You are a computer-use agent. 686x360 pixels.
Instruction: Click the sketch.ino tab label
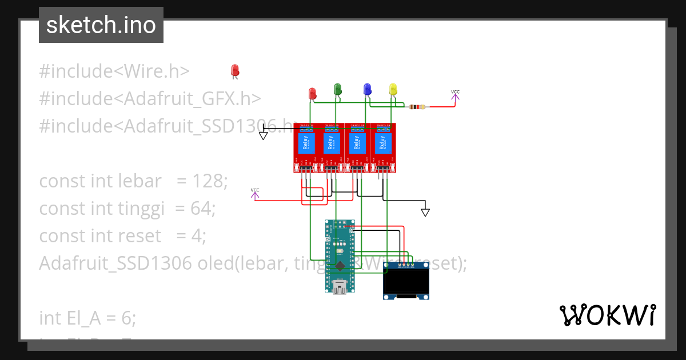coord(101,25)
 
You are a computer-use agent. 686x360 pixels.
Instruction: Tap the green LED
coord(338,89)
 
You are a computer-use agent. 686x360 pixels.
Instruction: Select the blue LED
coord(367,89)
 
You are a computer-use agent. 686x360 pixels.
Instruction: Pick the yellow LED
coord(393,89)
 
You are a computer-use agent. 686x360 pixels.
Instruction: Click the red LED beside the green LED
coord(312,93)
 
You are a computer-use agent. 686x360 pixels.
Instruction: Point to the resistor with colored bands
coord(418,106)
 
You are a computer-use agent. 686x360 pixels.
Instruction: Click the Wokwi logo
coord(607,315)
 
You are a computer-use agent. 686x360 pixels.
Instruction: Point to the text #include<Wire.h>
coord(114,71)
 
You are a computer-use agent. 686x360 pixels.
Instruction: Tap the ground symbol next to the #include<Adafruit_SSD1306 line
coord(264,135)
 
